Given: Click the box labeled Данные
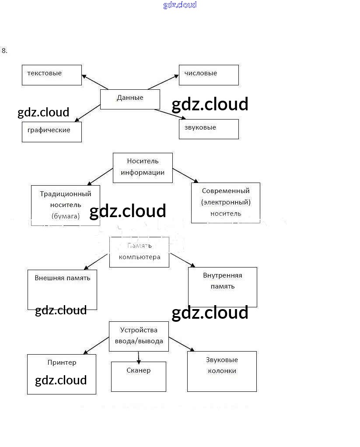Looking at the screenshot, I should (130, 99).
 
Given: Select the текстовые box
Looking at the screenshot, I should (52, 75).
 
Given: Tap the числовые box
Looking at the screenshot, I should (209, 75).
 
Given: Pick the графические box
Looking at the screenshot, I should (52, 132).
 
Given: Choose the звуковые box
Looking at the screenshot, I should (209, 129).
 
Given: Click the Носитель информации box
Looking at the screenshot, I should (143, 167).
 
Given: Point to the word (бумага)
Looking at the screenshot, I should (66, 216).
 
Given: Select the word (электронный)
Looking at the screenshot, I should (226, 202).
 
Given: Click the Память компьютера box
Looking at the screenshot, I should (139, 252).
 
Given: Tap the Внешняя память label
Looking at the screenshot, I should (62, 278).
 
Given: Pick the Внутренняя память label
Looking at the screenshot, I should (222, 281).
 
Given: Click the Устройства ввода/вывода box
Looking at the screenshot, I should (139, 336).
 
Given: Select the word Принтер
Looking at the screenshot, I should (62, 363).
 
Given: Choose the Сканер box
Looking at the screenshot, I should (139, 377).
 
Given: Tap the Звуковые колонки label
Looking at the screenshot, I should (222, 366).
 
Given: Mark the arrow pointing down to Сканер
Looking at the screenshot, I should (139, 357).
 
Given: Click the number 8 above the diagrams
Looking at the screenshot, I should (4, 51).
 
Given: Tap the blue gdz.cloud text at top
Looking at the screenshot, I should (180, 5).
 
